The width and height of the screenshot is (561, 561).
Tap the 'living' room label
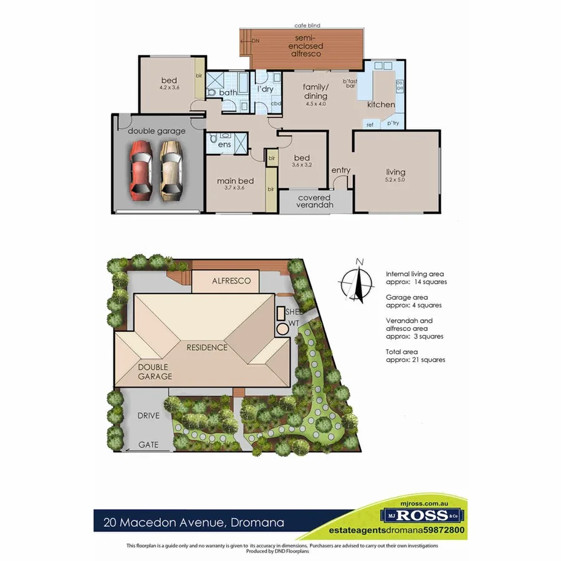pos(395,172)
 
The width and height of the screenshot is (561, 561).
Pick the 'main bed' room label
pos(230,181)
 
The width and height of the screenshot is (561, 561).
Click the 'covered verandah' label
pos(314,201)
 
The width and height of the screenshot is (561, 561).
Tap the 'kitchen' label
pos(380,104)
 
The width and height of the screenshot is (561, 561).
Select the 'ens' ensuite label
pos(224,144)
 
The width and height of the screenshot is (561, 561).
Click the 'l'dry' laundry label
pos(266,89)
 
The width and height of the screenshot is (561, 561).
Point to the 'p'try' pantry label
pos(393,123)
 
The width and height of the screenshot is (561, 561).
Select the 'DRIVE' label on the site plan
pos(148,415)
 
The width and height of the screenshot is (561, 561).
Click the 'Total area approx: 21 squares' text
pos(415,356)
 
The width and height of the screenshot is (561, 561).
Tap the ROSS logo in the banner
pos(423,515)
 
